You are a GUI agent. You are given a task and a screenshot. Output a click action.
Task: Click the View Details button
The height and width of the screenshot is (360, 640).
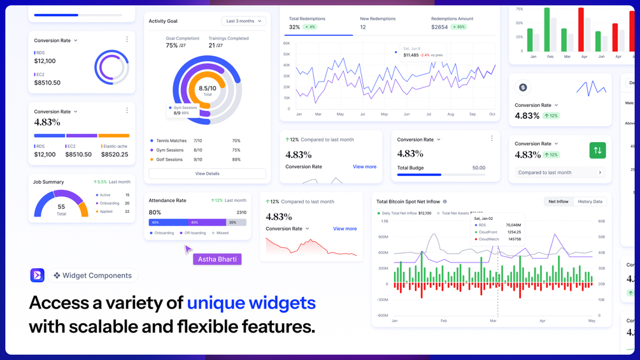click(207, 173)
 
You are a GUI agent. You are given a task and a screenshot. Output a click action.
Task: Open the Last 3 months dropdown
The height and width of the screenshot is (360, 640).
click(244, 21)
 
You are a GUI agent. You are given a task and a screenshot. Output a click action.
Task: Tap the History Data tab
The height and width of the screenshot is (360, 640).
click(589, 201)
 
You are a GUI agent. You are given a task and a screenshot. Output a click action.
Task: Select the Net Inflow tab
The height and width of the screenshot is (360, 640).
click(558, 201)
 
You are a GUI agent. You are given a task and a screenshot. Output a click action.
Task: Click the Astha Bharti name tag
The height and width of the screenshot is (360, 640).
click(217, 259)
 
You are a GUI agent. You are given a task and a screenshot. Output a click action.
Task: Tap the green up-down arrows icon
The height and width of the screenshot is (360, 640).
click(597, 150)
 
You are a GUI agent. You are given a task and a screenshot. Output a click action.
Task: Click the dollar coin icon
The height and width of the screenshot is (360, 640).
click(523, 88)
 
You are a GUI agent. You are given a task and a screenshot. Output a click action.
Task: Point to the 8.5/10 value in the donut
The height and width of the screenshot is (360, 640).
click(207, 89)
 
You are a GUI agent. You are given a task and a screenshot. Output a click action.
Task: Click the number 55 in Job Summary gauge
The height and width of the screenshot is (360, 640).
click(61, 207)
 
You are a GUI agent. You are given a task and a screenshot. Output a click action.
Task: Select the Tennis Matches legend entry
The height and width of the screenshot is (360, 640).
click(171, 141)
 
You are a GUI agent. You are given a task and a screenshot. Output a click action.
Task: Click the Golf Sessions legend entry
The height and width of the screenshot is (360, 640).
click(169, 159)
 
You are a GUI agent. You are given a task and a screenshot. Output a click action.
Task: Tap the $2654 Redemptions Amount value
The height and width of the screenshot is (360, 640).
click(439, 27)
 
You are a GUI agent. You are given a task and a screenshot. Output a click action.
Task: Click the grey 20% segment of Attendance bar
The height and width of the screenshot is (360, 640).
click(236, 222)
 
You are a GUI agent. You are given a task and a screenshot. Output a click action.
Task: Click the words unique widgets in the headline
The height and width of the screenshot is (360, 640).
click(251, 302)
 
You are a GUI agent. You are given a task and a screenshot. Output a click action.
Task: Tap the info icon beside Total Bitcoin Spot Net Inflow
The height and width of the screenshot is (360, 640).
click(444, 201)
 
